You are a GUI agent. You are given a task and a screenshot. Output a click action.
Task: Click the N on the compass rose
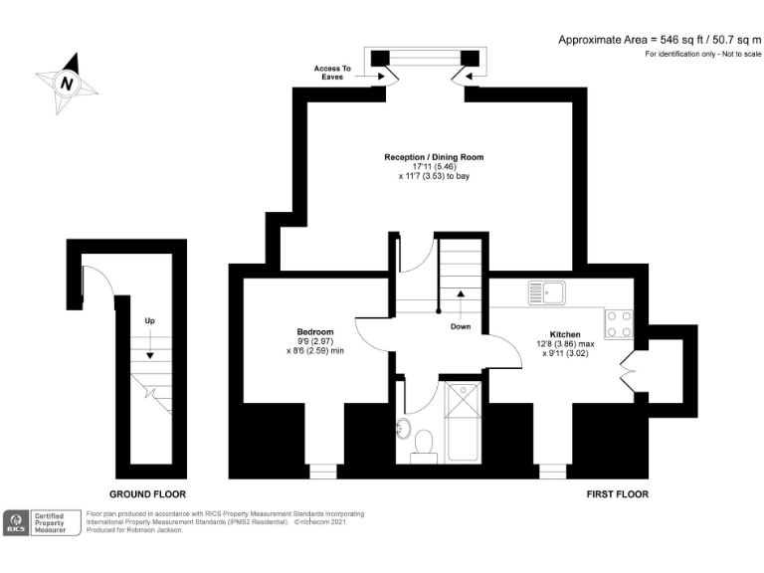click(x=67, y=84)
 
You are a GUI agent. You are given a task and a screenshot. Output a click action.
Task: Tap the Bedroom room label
click(x=315, y=332)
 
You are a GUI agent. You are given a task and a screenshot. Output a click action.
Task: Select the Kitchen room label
click(x=565, y=334)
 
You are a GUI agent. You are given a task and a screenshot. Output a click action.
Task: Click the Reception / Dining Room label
click(x=434, y=157)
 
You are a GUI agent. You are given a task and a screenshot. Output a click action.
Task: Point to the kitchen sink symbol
click(x=547, y=292)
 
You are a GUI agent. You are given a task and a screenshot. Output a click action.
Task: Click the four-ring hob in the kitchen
click(x=619, y=323)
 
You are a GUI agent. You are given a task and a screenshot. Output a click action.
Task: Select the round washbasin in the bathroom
click(x=403, y=429)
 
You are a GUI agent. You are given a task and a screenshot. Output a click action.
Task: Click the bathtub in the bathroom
click(x=463, y=422)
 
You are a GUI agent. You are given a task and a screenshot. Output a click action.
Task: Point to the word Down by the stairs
click(x=461, y=326)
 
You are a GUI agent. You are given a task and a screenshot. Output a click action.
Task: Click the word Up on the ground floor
click(x=149, y=320)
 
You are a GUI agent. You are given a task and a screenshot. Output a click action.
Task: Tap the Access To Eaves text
click(x=332, y=73)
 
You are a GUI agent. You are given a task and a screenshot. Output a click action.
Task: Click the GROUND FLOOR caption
click(x=147, y=494)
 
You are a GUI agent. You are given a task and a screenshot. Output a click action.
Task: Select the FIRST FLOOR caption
click(x=618, y=494)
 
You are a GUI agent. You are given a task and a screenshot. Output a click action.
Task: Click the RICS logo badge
click(x=16, y=523)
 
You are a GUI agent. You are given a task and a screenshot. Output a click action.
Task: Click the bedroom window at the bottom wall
click(x=323, y=472)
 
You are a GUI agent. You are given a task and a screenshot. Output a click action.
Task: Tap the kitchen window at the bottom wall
click(x=552, y=472)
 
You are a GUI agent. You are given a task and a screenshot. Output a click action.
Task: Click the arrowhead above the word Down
click(x=461, y=293)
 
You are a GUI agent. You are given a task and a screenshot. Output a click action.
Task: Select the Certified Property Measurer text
click(x=50, y=523)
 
